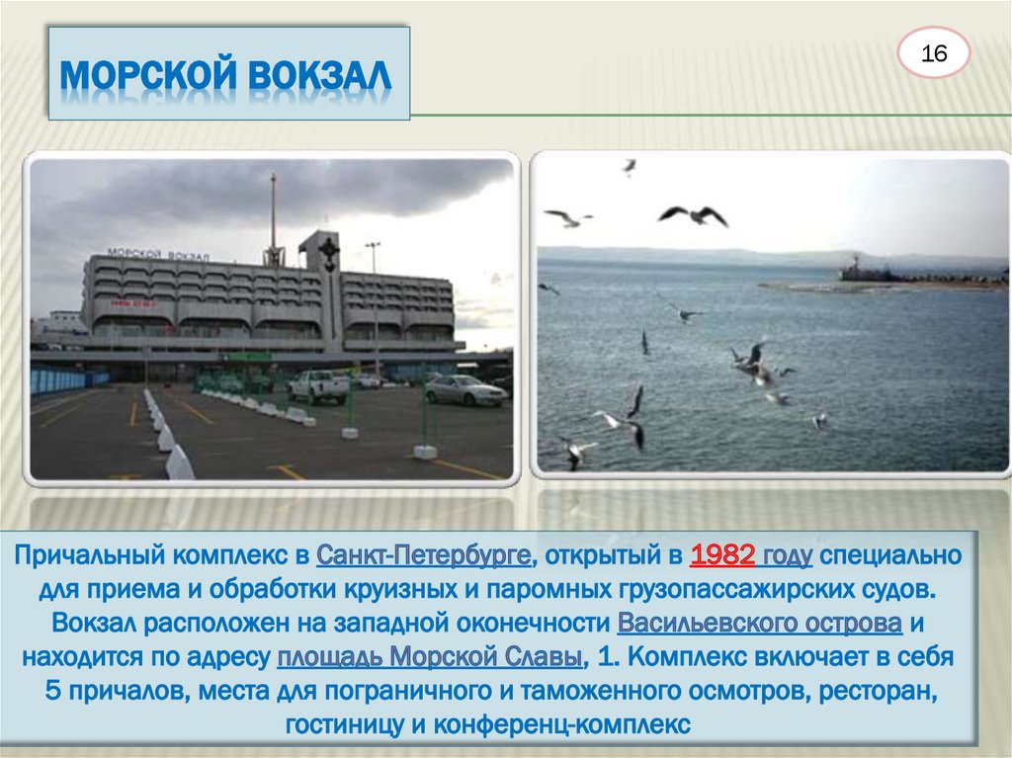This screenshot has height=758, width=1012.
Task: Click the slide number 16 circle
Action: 934,54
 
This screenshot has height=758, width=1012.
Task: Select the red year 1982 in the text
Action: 723,555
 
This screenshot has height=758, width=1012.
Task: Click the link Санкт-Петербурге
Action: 426,555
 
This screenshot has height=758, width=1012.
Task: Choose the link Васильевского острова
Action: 759,624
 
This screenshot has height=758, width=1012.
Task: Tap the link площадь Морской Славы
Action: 429,657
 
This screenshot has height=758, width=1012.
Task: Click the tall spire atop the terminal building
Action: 273,212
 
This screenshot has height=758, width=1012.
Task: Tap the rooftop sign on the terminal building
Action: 158,255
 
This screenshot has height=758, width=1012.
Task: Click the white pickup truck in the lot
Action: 318,386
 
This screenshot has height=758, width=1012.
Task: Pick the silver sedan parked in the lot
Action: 464,390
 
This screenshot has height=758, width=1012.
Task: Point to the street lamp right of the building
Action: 373,287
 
